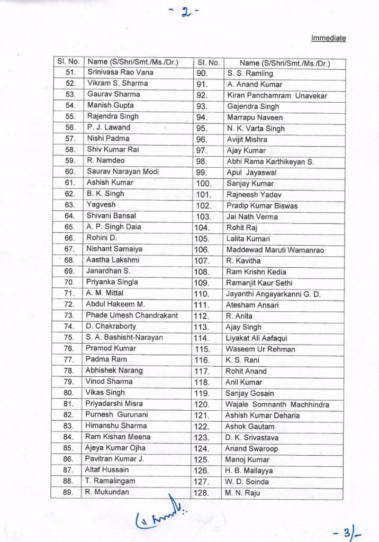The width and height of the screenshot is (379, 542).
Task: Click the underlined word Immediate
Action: [328, 38]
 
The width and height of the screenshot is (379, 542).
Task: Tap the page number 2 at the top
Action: [186, 13]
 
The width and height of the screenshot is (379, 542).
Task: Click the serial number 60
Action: [69, 171]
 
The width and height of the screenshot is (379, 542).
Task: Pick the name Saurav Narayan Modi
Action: [122, 171]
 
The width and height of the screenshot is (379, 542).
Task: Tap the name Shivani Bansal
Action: [111, 216]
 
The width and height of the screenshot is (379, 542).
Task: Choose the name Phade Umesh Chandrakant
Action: [127, 315]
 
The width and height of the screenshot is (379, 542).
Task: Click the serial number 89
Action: [69, 492]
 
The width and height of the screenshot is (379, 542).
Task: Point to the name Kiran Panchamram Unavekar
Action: [277, 96]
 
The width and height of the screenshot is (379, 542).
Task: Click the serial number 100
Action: [203, 184]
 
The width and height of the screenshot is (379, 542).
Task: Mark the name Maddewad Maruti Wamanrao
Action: [274, 250]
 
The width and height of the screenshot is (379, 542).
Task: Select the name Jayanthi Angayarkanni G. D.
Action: [273, 294]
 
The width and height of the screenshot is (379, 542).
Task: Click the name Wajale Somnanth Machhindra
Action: [277, 404]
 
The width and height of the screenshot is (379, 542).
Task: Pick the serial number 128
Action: [203, 493]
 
